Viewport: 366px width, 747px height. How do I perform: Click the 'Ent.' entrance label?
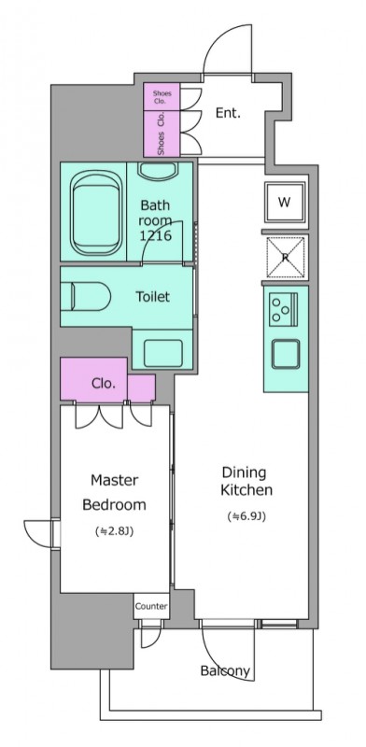point(228,113)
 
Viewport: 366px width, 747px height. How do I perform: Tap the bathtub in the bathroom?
point(96,213)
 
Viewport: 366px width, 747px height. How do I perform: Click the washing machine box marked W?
point(285,203)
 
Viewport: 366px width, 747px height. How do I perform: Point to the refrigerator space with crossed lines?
point(286,258)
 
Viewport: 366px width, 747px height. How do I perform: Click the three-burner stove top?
point(284,310)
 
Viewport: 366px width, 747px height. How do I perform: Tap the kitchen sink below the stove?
point(286,354)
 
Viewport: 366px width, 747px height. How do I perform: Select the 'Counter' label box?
point(151,606)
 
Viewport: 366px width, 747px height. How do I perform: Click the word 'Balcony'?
point(225,670)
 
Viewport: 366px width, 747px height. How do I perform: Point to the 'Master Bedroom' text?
point(114,492)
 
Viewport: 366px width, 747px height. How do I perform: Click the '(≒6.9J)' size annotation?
point(246,516)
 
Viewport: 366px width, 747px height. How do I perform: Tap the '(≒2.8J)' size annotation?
point(114,531)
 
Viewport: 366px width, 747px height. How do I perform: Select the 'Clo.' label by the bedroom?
point(104,384)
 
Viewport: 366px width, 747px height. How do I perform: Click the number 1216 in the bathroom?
point(155,235)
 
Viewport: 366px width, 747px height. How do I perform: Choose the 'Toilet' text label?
point(152,297)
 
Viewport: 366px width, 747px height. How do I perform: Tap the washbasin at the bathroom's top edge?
point(158,172)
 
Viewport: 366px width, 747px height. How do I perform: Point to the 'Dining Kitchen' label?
point(246,481)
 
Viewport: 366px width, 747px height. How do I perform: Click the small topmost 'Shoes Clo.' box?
point(162,97)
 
